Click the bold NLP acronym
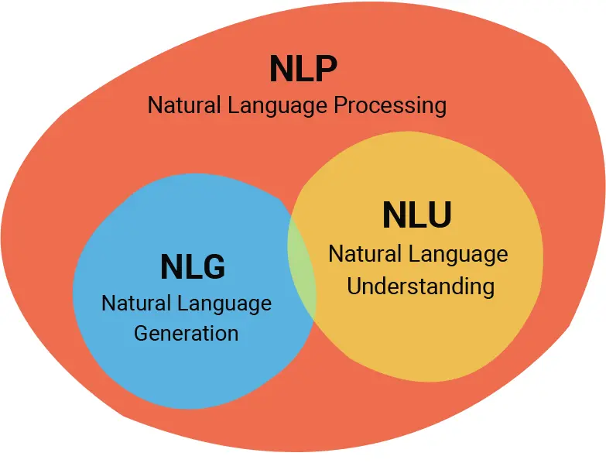(x=303, y=69)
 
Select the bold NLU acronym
(x=417, y=216)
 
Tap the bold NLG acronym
(x=193, y=267)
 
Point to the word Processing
(x=390, y=105)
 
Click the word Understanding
(x=420, y=286)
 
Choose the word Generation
(x=186, y=334)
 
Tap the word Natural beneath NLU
(x=365, y=253)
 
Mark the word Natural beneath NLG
(x=136, y=303)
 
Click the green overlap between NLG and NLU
(x=302, y=264)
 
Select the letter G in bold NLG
(x=213, y=267)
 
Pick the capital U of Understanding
(x=354, y=286)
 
